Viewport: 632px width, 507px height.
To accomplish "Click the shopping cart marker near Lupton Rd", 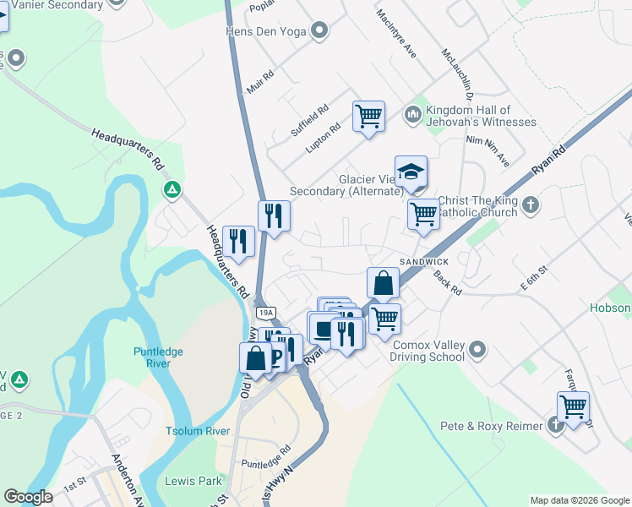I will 368,117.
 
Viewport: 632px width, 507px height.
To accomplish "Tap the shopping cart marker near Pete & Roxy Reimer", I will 573,407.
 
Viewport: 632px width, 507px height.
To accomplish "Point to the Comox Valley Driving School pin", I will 477,348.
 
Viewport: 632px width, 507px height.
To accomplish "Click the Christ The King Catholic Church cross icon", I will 530,205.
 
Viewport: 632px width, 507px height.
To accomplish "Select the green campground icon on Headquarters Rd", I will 172,188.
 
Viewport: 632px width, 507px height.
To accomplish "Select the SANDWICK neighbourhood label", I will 424,262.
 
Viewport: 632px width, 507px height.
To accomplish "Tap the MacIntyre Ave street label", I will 397,34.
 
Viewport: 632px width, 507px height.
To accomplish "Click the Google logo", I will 28,497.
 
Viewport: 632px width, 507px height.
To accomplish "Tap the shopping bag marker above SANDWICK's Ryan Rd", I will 383,284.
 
